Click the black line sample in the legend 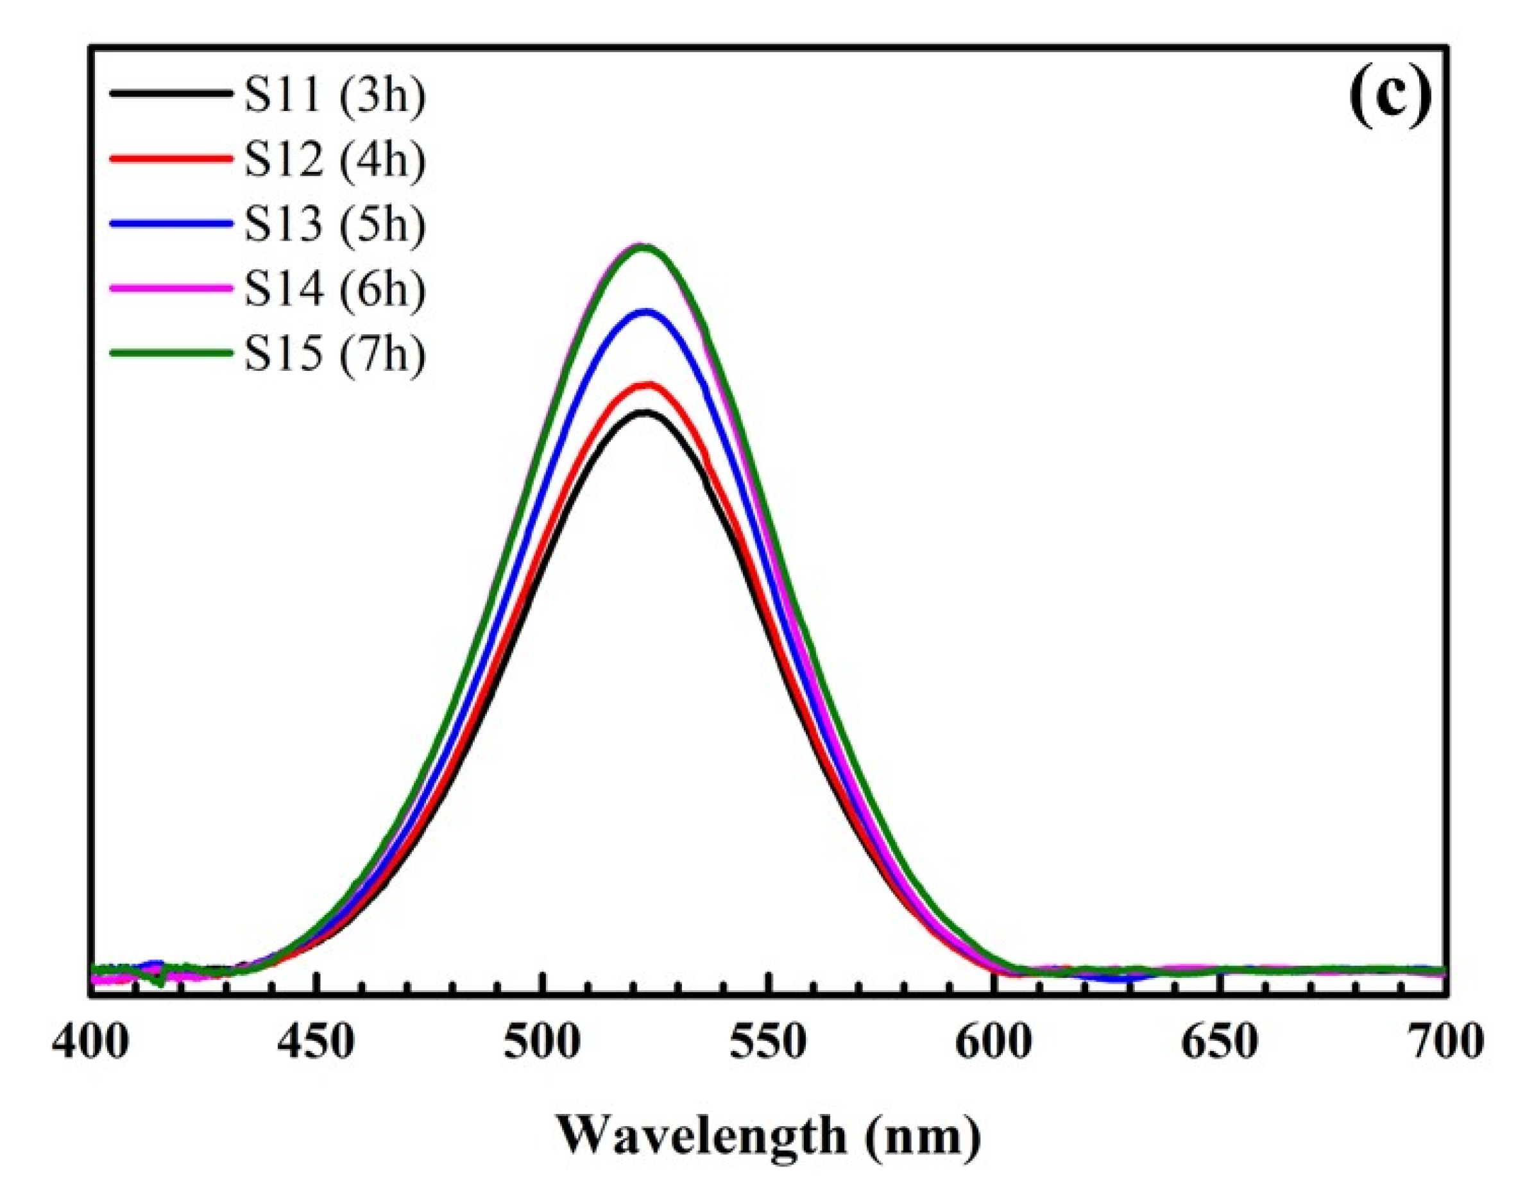coord(171,93)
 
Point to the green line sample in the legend coord(171,352)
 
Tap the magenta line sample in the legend coord(171,287)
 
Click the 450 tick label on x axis coord(317,1043)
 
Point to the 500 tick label coord(543,1043)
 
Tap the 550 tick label coord(768,1043)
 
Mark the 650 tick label coord(1220,1043)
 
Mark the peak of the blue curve coord(646,312)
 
